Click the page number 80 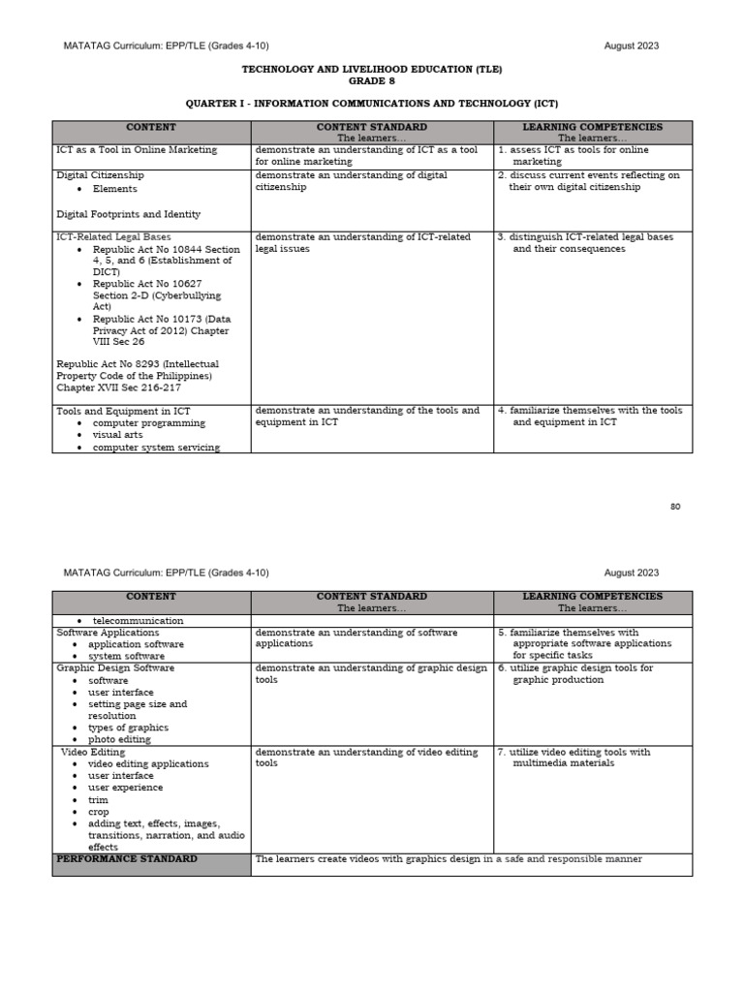[674, 507]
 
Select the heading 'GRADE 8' [372, 81]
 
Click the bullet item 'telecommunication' [138, 620]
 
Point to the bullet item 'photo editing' [119, 739]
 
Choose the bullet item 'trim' [98, 799]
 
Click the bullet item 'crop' [99, 812]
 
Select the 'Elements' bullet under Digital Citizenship [115, 189]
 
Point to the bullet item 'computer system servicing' [156, 447]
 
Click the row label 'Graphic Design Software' [115, 667]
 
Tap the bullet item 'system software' [126, 656]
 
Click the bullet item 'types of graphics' [128, 728]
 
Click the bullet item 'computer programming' [149, 422]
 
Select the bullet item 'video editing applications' [148, 763]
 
